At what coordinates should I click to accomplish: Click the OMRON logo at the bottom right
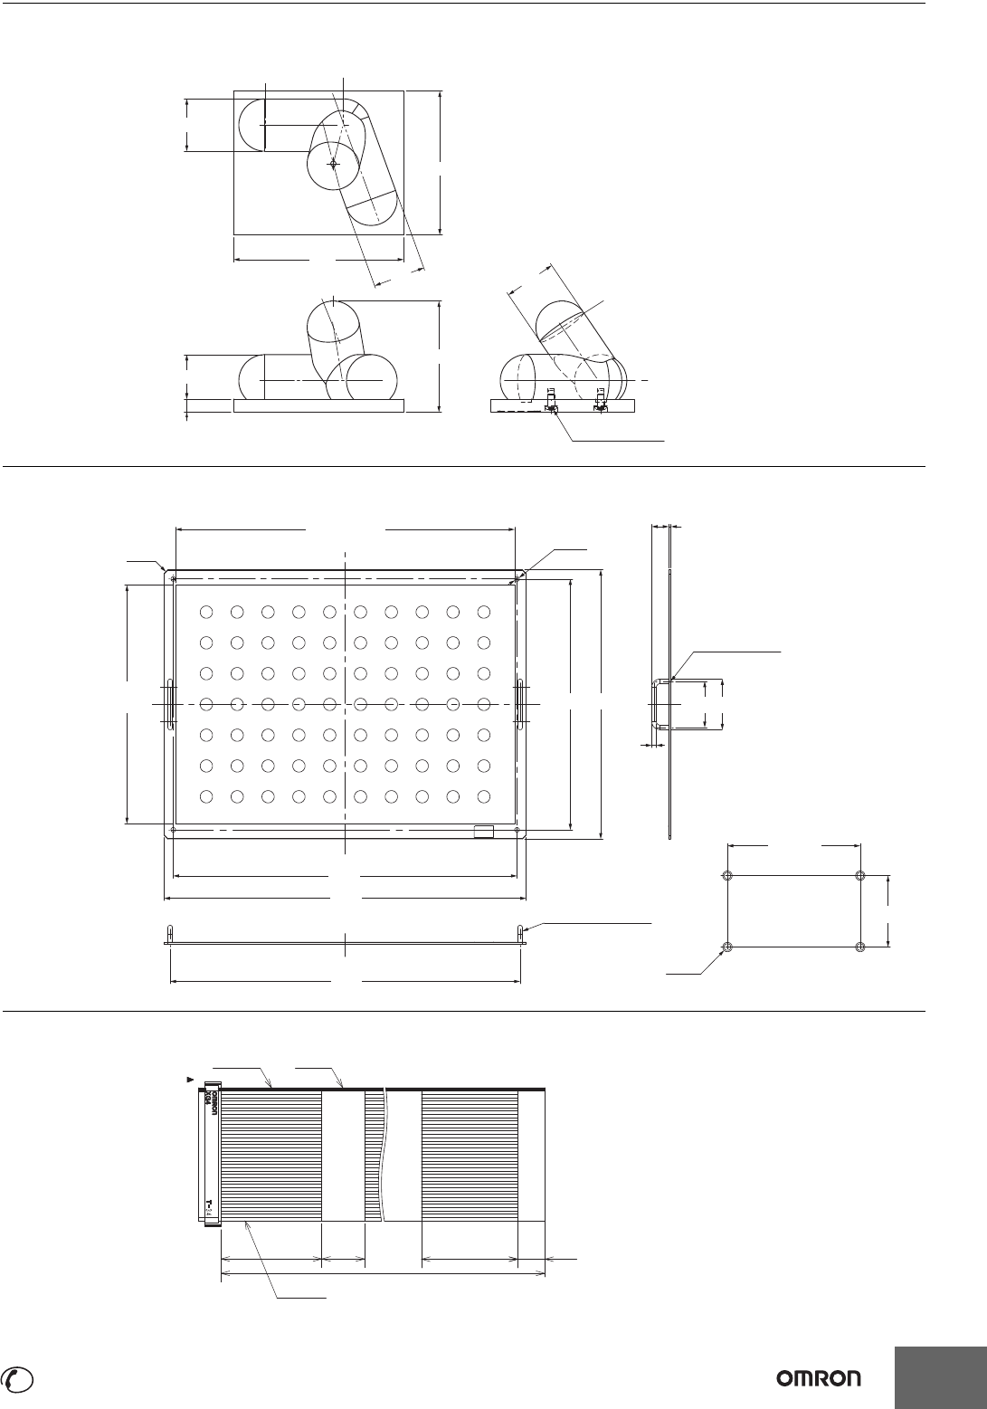tap(819, 1377)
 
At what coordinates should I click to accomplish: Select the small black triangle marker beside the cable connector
tap(189, 1078)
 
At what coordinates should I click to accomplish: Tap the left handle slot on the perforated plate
tap(169, 703)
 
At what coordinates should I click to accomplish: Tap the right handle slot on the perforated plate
tap(521, 703)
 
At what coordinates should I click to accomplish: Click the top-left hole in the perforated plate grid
tap(206, 612)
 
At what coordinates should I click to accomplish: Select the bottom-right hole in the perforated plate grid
tap(483, 796)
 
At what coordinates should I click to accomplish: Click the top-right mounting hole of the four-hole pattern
tap(859, 876)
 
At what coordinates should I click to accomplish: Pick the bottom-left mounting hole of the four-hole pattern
tap(727, 947)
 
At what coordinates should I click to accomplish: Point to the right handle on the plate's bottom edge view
tap(520, 933)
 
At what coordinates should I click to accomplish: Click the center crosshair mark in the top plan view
tap(333, 164)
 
